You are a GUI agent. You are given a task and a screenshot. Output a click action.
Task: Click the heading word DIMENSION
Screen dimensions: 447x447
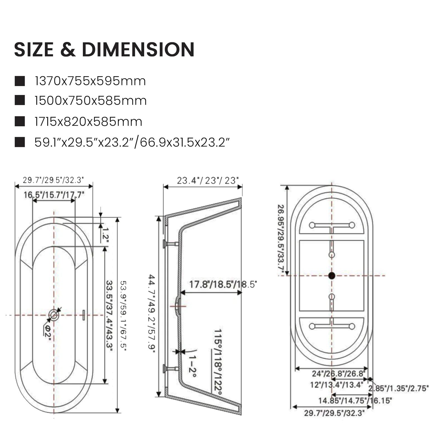pyautogui.click(x=138, y=49)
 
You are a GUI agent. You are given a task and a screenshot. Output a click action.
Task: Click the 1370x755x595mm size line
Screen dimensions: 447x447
pyautogui.click(x=90, y=81)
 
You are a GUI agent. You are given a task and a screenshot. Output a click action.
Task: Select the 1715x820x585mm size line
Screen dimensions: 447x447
pyautogui.click(x=88, y=122)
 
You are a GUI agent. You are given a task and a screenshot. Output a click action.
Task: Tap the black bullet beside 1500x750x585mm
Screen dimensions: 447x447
pyautogui.click(x=20, y=100)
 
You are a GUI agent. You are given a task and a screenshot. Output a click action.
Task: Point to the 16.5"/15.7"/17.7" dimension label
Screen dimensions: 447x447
pyautogui.click(x=54, y=195)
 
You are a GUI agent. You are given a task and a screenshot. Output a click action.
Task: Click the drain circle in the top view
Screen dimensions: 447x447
pyautogui.click(x=54, y=315)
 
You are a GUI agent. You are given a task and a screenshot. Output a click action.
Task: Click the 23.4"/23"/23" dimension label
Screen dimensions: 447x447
pyautogui.click(x=208, y=180)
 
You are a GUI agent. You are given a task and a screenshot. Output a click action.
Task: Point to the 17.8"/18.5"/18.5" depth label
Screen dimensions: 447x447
pyautogui.click(x=223, y=284)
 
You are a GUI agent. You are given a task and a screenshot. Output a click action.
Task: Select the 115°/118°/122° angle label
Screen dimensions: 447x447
pyautogui.click(x=218, y=362)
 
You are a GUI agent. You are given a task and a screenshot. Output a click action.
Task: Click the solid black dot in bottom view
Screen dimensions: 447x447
pyautogui.click(x=332, y=276)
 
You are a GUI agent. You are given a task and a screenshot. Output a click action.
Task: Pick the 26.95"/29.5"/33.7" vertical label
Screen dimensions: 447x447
pyautogui.click(x=281, y=240)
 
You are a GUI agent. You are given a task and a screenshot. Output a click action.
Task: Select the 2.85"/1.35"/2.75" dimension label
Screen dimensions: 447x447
pyautogui.click(x=398, y=388)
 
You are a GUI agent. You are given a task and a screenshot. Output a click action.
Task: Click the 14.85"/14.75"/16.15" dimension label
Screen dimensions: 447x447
pyautogui.click(x=355, y=401)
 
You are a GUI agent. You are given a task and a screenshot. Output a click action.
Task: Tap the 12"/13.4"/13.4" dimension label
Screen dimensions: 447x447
pyautogui.click(x=336, y=385)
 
